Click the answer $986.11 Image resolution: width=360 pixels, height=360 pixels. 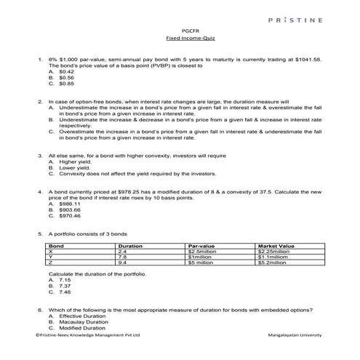70,204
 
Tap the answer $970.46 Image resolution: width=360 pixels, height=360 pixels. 70,215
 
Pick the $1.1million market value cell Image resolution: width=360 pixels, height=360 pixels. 273,257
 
